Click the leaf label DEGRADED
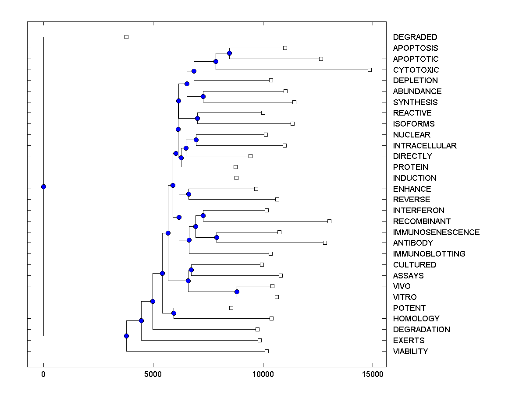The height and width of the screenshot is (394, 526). coord(415,37)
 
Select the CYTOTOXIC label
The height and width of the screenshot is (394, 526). coord(416,70)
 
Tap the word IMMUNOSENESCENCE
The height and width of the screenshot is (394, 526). coord(436,232)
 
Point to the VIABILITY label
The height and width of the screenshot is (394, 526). coord(410,352)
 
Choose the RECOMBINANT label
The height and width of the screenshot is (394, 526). coord(422,222)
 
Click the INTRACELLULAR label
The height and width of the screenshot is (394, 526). coord(424,146)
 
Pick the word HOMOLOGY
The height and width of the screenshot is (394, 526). coord(416,319)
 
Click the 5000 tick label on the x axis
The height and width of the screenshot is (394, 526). coord(153,374)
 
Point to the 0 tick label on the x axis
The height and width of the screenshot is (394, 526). coord(43,374)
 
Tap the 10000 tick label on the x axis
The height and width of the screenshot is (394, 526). coord(263,374)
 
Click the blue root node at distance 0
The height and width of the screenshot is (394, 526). coord(43,186)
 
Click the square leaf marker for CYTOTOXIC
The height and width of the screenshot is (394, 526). coord(370,70)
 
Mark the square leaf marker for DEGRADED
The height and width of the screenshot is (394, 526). coord(126,37)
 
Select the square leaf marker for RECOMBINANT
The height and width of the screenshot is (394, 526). coord(329,221)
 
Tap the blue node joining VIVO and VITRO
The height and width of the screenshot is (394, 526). coord(237,292)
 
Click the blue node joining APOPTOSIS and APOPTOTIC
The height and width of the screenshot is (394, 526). coord(229,53)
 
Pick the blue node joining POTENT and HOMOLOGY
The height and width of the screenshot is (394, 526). coord(174,313)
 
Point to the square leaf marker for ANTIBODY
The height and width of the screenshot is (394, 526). coord(325,243)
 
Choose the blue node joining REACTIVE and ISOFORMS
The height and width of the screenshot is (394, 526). coord(197,118)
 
